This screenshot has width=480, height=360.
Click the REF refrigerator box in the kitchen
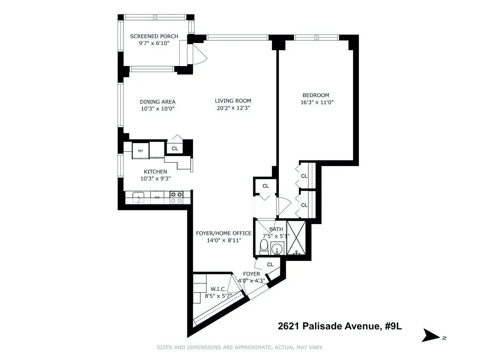tap(140, 151)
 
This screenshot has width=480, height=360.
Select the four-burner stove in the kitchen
tap(176, 197)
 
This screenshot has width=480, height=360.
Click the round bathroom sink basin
tap(277, 249)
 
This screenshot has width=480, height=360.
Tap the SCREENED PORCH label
tap(154, 36)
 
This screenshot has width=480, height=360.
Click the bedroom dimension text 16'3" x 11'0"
tap(317, 102)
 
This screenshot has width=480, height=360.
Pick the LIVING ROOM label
tap(233, 101)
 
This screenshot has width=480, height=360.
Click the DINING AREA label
tap(158, 102)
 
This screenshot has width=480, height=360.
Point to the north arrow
tap(432, 335)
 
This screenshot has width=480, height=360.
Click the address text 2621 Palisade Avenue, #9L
tap(340, 326)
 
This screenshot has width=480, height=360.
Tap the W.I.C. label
tap(218, 289)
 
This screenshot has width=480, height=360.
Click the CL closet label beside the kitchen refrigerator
tap(175, 148)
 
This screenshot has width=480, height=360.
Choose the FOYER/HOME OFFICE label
tap(223, 233)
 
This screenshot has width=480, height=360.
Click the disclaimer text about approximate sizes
tap(240, 347)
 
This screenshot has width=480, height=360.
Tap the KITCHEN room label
tap(156, 172)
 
